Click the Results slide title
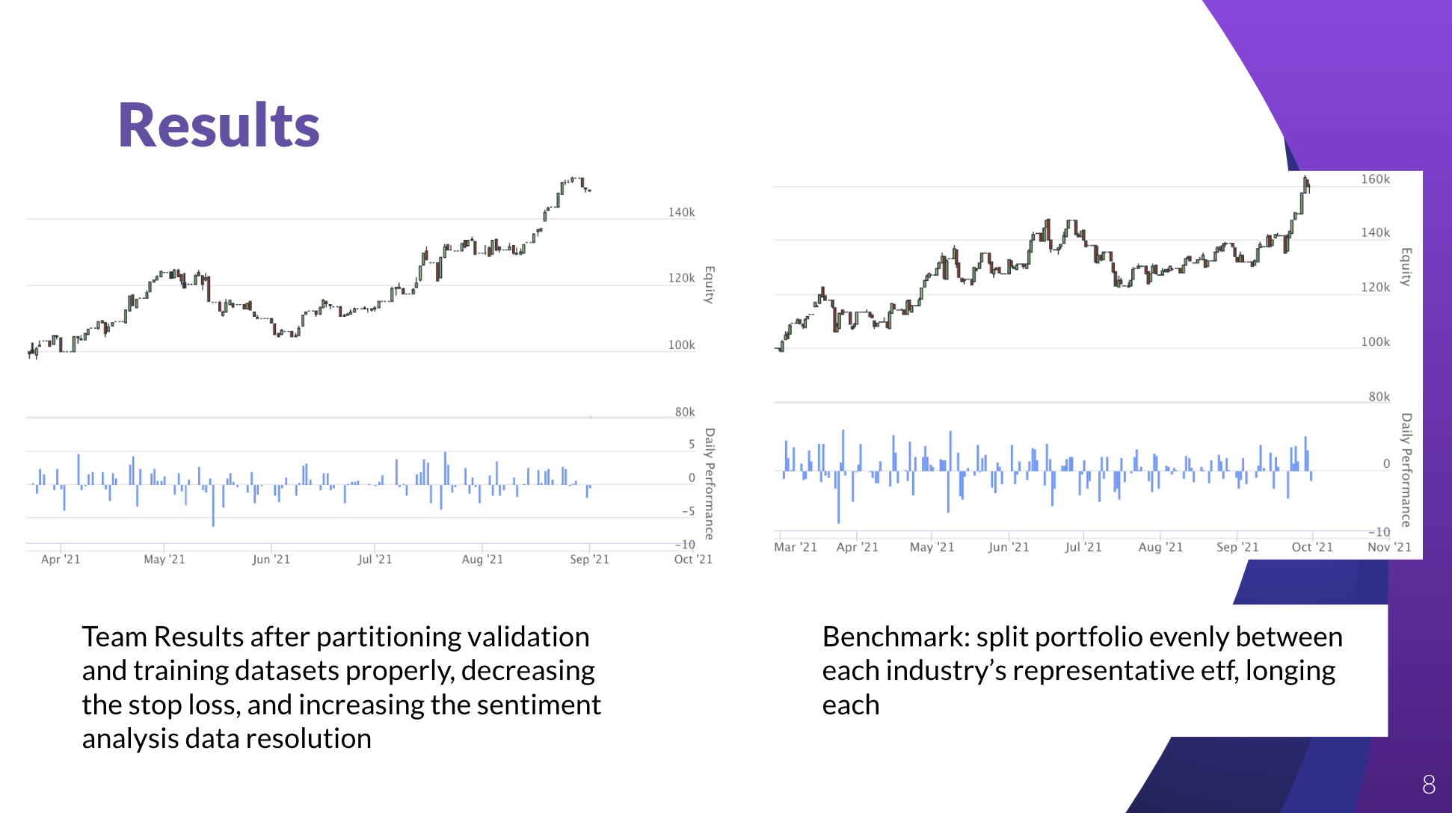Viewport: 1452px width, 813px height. (x=218, y=126)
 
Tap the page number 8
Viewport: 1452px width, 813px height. (x=1428, y=784)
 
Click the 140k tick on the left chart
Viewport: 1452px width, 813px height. (x=681, y=212)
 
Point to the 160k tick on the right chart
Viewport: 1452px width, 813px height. (x=1375, y=179)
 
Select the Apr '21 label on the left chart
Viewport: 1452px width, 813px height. (x=61, y=559)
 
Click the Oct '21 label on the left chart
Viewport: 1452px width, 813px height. (x=693, y=559)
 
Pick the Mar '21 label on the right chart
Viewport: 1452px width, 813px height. (x=796, y=547)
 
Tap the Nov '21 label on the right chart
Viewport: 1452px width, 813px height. (x=1389, y=547)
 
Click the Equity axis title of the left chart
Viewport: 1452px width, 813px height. (x=710, y=285)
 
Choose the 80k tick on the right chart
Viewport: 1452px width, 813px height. (x=1379, y=397)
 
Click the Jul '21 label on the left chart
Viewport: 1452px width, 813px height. (x=375, y=559)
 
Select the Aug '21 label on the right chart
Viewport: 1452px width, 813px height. (x=1160, y=547)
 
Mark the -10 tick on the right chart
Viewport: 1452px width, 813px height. (x=1379, y=532)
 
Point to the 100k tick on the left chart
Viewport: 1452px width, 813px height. (x=681, y=345)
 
